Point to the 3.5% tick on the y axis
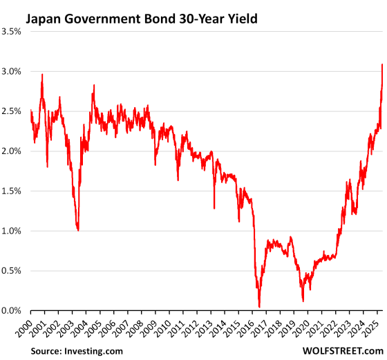(13, 32)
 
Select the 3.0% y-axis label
(13, 72)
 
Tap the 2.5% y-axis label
(13, 112)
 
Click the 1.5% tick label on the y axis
(13, 191)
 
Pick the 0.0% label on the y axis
(13, 311)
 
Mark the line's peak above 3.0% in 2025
(382, 65)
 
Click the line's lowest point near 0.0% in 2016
(259, 307)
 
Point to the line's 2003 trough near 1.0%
(78, 230)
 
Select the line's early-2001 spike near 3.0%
(42, 75)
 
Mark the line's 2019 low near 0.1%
(303, 301)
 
